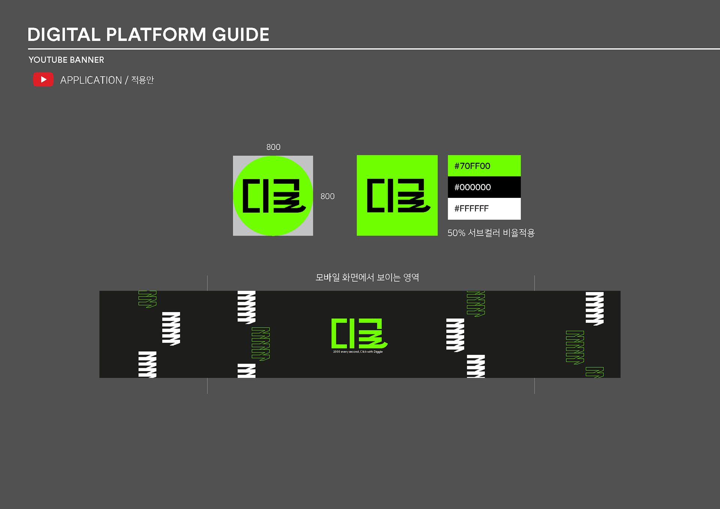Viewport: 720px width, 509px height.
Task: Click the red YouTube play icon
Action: coord(43,79)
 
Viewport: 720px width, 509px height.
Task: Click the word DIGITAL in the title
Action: coord(64,35)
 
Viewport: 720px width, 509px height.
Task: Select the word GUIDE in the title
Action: coord(240,35)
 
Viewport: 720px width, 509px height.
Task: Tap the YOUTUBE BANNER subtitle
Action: coord(66,60)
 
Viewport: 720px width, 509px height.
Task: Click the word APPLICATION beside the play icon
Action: coord(91,80)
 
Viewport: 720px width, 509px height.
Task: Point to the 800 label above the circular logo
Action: coord(273,147)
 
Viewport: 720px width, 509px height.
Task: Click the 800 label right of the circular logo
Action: coord(327,196)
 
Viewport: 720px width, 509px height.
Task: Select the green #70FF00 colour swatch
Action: coord(484,166)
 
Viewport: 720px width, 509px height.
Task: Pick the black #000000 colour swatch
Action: coord(484,187)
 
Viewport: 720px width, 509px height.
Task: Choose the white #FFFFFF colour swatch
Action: coord(484,208)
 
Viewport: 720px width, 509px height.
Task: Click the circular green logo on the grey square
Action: coord(273,196)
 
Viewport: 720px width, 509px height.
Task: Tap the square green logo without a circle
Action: coord(397,195)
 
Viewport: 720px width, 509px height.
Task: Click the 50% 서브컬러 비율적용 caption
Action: coord(490,233)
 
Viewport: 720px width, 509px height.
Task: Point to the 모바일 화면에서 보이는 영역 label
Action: coord(367,277)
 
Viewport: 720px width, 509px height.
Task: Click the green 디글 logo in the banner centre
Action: coord(358,333)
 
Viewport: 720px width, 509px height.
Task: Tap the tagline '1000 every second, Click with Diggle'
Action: coord(358,352)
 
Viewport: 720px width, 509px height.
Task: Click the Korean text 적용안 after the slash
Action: coord(142,80)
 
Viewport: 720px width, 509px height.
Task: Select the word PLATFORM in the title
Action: coord(156,35)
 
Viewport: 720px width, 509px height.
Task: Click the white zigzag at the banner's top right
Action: coord(594,308)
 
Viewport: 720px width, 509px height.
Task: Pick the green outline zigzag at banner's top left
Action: coord(147,299)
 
